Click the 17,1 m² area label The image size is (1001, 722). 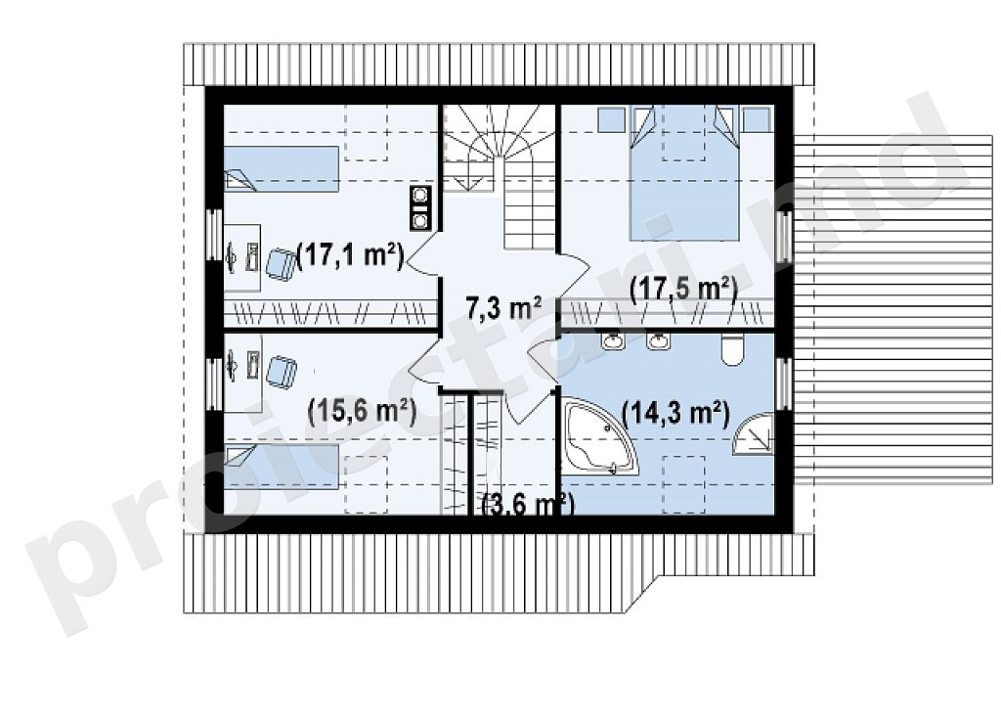(x=351, y=256)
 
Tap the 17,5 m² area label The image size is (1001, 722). (x=683, y=290)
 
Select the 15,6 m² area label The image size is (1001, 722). (x=362, y=412)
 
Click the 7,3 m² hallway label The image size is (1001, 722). (x=504, y=308)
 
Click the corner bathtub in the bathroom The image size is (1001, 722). (x=600, y=436)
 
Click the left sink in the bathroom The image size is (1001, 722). (x=613, y=341)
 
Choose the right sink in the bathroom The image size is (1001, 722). (x=658, y=341)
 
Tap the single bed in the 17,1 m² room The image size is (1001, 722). (x=281, y=168)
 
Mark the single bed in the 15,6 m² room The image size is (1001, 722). (x=281, y=467)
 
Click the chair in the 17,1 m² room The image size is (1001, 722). (x=279, y=264)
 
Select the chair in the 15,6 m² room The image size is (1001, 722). (x=281, y=372)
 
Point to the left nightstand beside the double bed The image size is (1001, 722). (x=610, y=118)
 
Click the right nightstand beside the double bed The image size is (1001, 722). (x=758, y=118)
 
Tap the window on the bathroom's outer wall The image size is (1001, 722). (x=783, y=384)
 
